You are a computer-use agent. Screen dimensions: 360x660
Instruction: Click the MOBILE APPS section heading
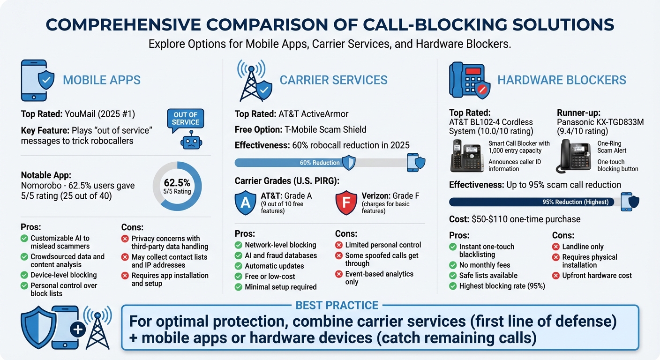click(x=101, y=80)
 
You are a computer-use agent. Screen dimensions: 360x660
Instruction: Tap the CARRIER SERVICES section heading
click(x=333, y=80)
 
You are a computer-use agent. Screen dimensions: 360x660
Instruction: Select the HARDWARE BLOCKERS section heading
click(x=562, y=80)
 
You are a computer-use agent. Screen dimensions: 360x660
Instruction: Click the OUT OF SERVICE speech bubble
click(x=186, y=119)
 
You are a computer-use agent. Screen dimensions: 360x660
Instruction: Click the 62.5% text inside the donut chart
click(x=177, y=182)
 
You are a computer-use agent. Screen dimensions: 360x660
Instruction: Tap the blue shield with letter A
click(x=246, y=202)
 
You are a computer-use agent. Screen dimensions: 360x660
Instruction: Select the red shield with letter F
click(x=346, y=202)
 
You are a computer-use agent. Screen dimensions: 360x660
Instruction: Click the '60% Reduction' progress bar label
click(x=319, y=163)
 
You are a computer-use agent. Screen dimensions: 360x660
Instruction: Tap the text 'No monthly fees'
click(x=484, y=265)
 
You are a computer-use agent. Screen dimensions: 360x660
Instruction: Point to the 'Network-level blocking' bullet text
click(x=280, y=245)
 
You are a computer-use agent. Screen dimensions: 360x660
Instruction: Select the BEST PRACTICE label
click(x=337, y=305)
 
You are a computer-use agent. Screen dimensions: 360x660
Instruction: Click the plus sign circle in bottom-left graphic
click(x=77, y=330)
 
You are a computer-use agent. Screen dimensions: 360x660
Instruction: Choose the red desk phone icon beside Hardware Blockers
click(x=467, y=81)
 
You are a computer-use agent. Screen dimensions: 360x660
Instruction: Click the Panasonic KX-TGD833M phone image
click(x=573, y=156)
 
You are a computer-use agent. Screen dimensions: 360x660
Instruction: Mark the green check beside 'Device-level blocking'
click(x=24, y=275)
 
